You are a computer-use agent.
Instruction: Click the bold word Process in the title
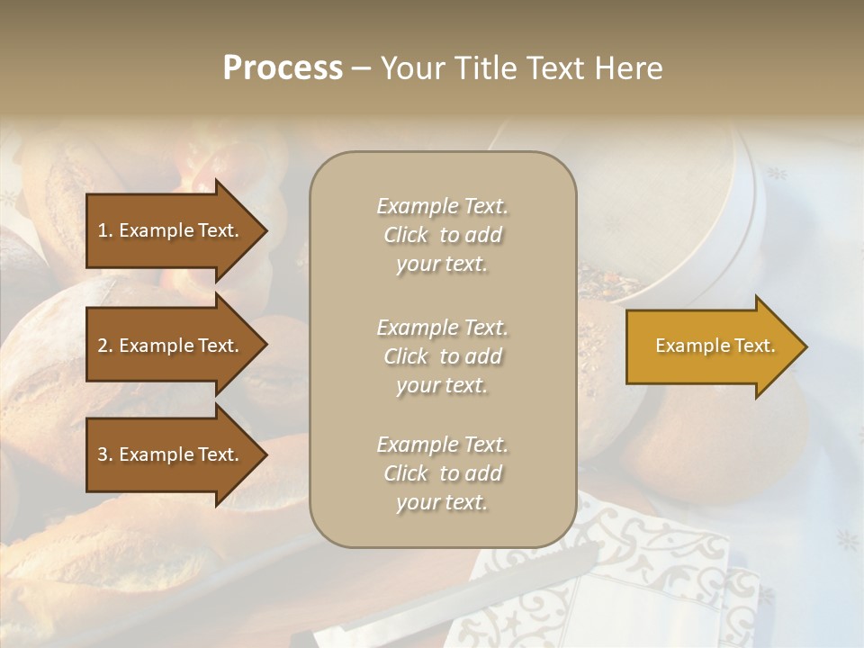[283, 68]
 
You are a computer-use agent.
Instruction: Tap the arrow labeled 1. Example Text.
[171, 230]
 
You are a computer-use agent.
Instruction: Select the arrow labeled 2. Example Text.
[171, 346]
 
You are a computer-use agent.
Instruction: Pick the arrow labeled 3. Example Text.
[171, 454]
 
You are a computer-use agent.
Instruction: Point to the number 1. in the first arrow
[105, 230]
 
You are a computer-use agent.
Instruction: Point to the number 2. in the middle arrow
[105, 346]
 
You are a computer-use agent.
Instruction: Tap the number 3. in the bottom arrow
[105, 454]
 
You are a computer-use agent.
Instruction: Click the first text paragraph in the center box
[442, 235]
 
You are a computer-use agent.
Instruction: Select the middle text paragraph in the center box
[442, 356]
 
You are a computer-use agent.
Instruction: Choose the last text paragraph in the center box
[442, 473]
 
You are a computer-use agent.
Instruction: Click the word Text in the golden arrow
[755, 346]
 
